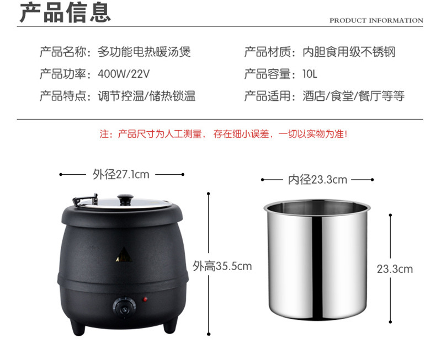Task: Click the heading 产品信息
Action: coord(65,12)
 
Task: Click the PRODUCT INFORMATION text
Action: coord(376,20)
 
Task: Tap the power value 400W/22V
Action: coord(124,74)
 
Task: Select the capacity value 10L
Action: coord(310,74)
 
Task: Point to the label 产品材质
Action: coord(268,52)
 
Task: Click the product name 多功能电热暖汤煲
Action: coord(144,52)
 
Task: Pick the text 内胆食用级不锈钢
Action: coord(349,52)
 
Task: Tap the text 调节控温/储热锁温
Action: coord(147,96)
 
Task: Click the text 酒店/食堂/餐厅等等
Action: coord(353,96)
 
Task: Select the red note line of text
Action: coord(224,134)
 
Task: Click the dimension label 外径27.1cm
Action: coord(121,174)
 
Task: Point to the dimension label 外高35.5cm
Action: coord(222,266)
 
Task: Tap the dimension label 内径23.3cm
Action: coord(317,180)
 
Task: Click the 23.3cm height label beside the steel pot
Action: coord(395,269)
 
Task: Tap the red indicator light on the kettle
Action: coord(145,299)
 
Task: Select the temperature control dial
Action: coord(124,308)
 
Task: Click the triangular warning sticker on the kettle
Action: coord(124,255)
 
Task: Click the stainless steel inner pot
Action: coord(317,260)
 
